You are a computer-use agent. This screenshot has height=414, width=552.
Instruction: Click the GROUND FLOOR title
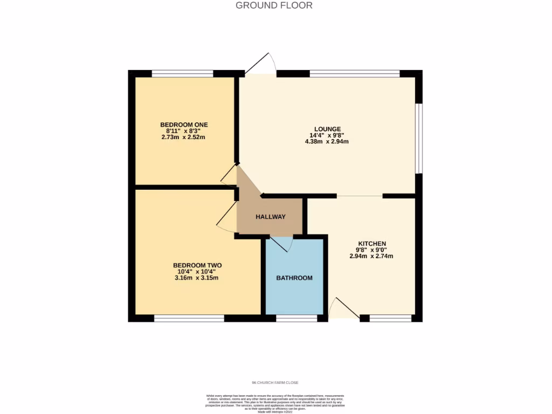[x=274, y=5]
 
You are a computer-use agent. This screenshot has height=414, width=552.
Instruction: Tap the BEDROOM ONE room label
[x=184, y=125]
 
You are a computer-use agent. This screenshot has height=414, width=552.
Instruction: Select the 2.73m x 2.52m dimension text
[x=184, y=137]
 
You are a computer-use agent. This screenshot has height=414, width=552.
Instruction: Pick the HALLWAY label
[x=270, y=217]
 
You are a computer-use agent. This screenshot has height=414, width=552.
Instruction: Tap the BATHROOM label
[x=294, y=278]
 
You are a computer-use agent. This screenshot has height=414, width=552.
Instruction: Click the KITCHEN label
[x=371, y=244]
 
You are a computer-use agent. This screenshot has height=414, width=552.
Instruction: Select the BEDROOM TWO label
[x=197, y=265]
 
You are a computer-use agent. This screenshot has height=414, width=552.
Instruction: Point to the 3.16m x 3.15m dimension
[x=197, y=278]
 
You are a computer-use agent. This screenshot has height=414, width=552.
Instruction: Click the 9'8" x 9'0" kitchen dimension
[x=371, y=250]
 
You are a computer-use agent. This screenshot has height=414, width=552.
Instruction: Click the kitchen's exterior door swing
[x=343, y=309]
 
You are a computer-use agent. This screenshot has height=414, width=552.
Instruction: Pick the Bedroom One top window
[x=182, y=74]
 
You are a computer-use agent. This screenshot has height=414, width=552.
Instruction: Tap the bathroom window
[x=296, y=319]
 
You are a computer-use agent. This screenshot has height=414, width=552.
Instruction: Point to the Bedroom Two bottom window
[x=189, y=319]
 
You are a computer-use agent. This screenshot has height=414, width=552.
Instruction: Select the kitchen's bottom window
[x=390, y=319]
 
